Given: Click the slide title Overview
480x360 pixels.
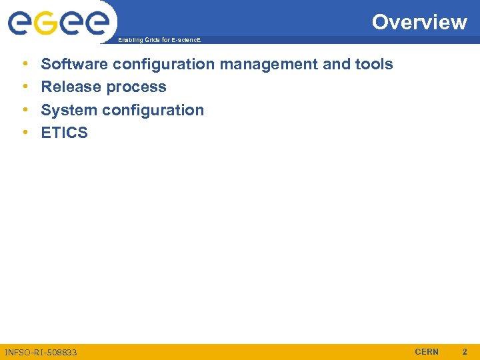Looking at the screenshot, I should [x=419, y=22].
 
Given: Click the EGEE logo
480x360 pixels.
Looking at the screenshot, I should [x=58, y=23].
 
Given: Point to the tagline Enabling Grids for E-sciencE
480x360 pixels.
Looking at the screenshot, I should [x=159, y=41].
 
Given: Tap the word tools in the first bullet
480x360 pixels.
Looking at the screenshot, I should [x=373, y=64].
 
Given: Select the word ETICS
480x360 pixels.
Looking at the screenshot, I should [x=64, y=133].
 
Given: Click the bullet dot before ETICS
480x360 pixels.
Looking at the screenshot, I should [x=25, y=133].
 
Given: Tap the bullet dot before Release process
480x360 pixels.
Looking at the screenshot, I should [x=25, y=87].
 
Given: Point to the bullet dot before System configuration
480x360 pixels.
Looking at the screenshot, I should [x=25, y=110].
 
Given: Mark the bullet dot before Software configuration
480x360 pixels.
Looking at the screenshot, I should [x=25, y=64].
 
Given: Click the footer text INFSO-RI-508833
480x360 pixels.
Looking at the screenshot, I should [x=41, y=352].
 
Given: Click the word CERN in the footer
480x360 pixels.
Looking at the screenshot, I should [x=427, y=351].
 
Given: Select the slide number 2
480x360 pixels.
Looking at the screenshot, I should [x=465, y=351].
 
